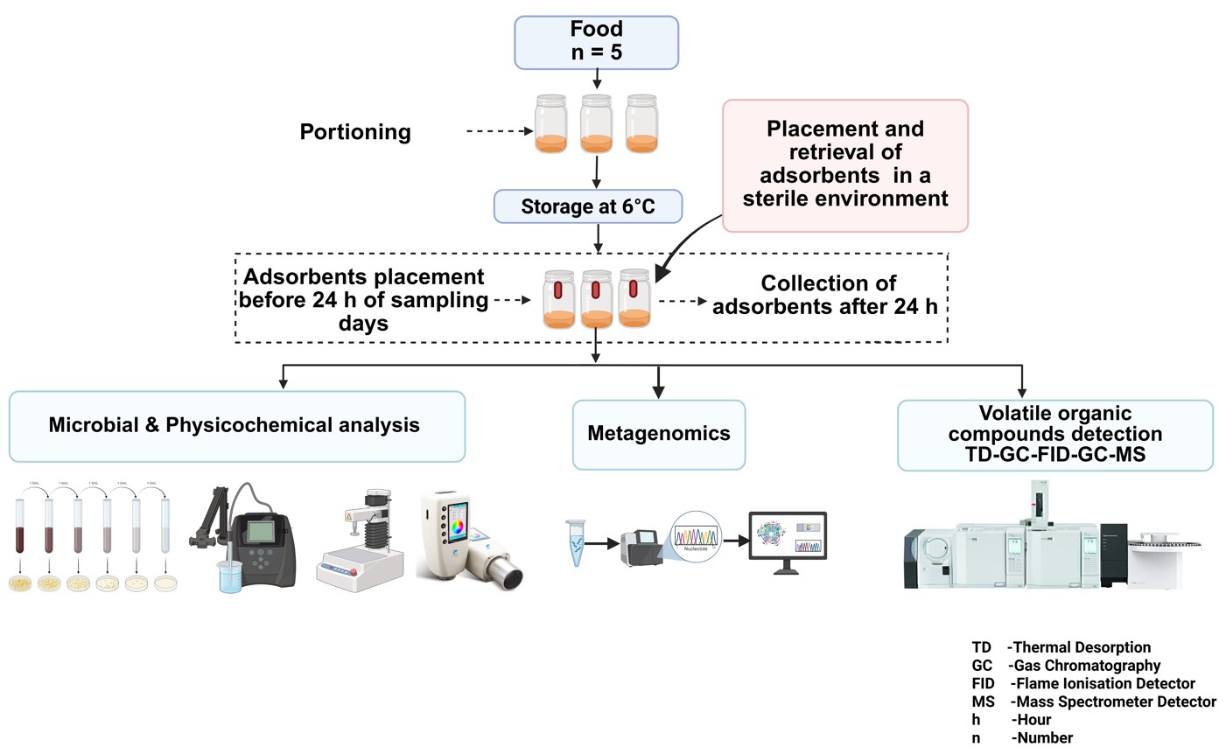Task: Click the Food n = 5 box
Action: point(596,42)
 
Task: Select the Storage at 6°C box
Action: point(587,206)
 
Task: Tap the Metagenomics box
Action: point(658,434)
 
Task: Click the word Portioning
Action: point(355,132)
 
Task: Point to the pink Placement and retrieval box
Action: point(844,164)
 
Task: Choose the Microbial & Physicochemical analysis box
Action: point(236,426)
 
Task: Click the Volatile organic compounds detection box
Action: point(1054,434)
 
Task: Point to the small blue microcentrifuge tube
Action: point(575,543)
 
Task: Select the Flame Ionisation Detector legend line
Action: point(1082,683)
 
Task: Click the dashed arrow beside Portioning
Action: point(500,131)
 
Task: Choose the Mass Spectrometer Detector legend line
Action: point(1093,702)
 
